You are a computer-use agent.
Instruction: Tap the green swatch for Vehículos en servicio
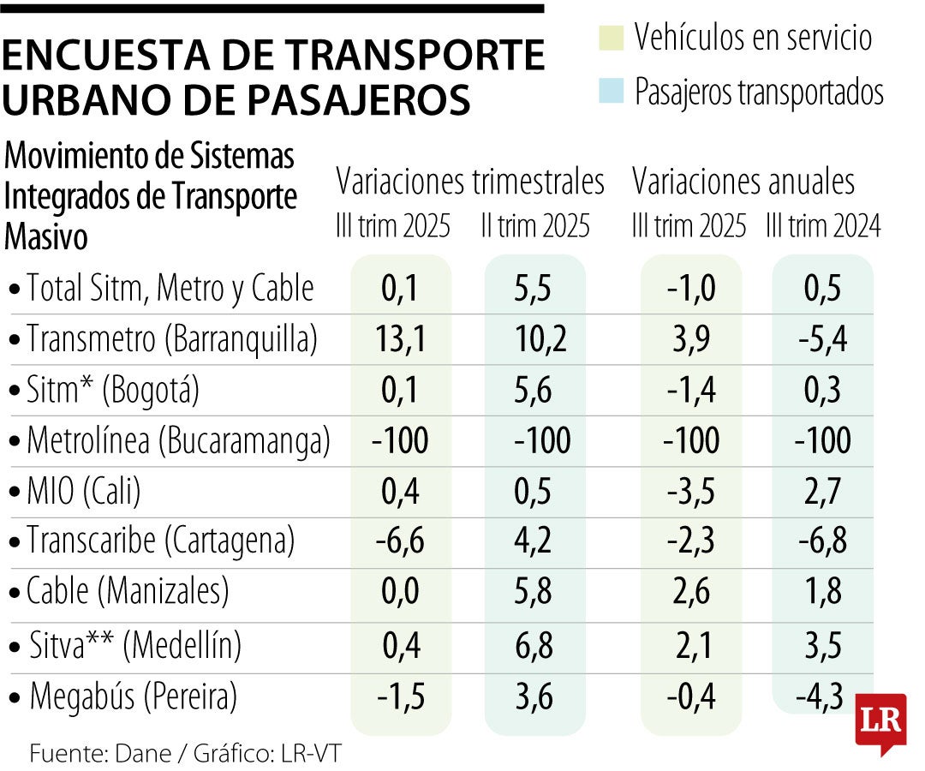(611, 39)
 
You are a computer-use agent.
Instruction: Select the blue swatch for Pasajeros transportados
(611, 91)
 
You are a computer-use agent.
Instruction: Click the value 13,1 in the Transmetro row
(400, 340)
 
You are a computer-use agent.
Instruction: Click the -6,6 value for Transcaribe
(400, 541)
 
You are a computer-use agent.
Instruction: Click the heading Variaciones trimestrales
(470, 182)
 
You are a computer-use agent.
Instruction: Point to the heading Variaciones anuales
(743, 182)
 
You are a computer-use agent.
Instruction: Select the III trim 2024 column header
(824, 226)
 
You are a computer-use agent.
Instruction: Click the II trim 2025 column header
(535, 226)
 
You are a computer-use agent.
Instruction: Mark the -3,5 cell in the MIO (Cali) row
(692, 493)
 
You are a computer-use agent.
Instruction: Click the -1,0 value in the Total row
(692, 290)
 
